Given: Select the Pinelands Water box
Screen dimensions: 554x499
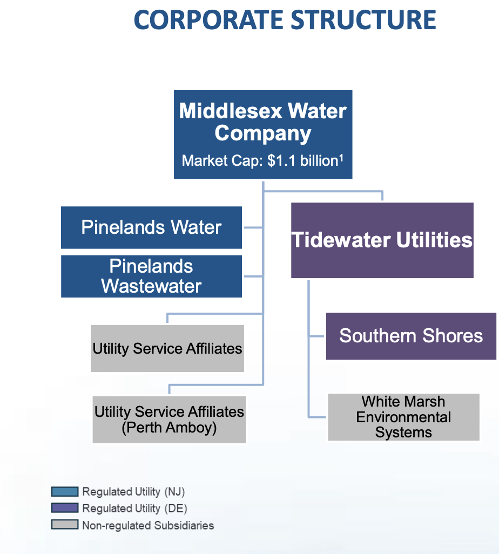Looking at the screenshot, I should point(151,227).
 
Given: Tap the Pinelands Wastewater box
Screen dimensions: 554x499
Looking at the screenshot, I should point(151,276).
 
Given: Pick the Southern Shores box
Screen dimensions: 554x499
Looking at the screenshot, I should point(411,336).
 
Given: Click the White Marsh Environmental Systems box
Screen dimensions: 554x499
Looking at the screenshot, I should point(403,417).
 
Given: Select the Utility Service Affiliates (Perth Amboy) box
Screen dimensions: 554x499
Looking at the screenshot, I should point(169,420).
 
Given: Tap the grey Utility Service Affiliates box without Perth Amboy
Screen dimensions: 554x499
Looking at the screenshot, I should point(167,348).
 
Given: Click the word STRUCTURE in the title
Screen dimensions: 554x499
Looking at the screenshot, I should point(363,20).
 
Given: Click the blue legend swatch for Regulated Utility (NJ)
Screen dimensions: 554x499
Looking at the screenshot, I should point(65,492).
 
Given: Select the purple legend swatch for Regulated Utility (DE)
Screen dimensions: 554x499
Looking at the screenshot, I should point(65,509).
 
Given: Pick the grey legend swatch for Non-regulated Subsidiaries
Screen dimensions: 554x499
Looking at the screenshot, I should point(65,525).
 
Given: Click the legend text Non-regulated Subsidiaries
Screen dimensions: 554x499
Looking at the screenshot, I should point(148,525).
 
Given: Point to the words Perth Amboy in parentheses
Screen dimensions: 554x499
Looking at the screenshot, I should point(169,428).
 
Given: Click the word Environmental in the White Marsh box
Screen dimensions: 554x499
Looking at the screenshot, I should point(403,417).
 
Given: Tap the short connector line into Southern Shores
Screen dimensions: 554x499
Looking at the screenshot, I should point(317,336).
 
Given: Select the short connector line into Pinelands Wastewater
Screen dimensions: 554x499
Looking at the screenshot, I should point(253,276).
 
